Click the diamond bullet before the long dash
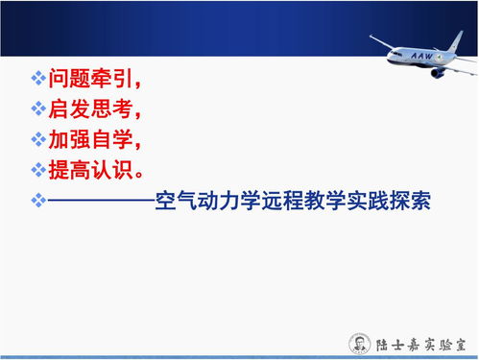pyautogui.click(x=38, y=202)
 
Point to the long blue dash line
pyautogui.click(x=101, y=202)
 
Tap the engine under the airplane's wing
pyautogui.click(x=438, y=72)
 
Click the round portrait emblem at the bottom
pyautogui.click(x=357, y=343)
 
